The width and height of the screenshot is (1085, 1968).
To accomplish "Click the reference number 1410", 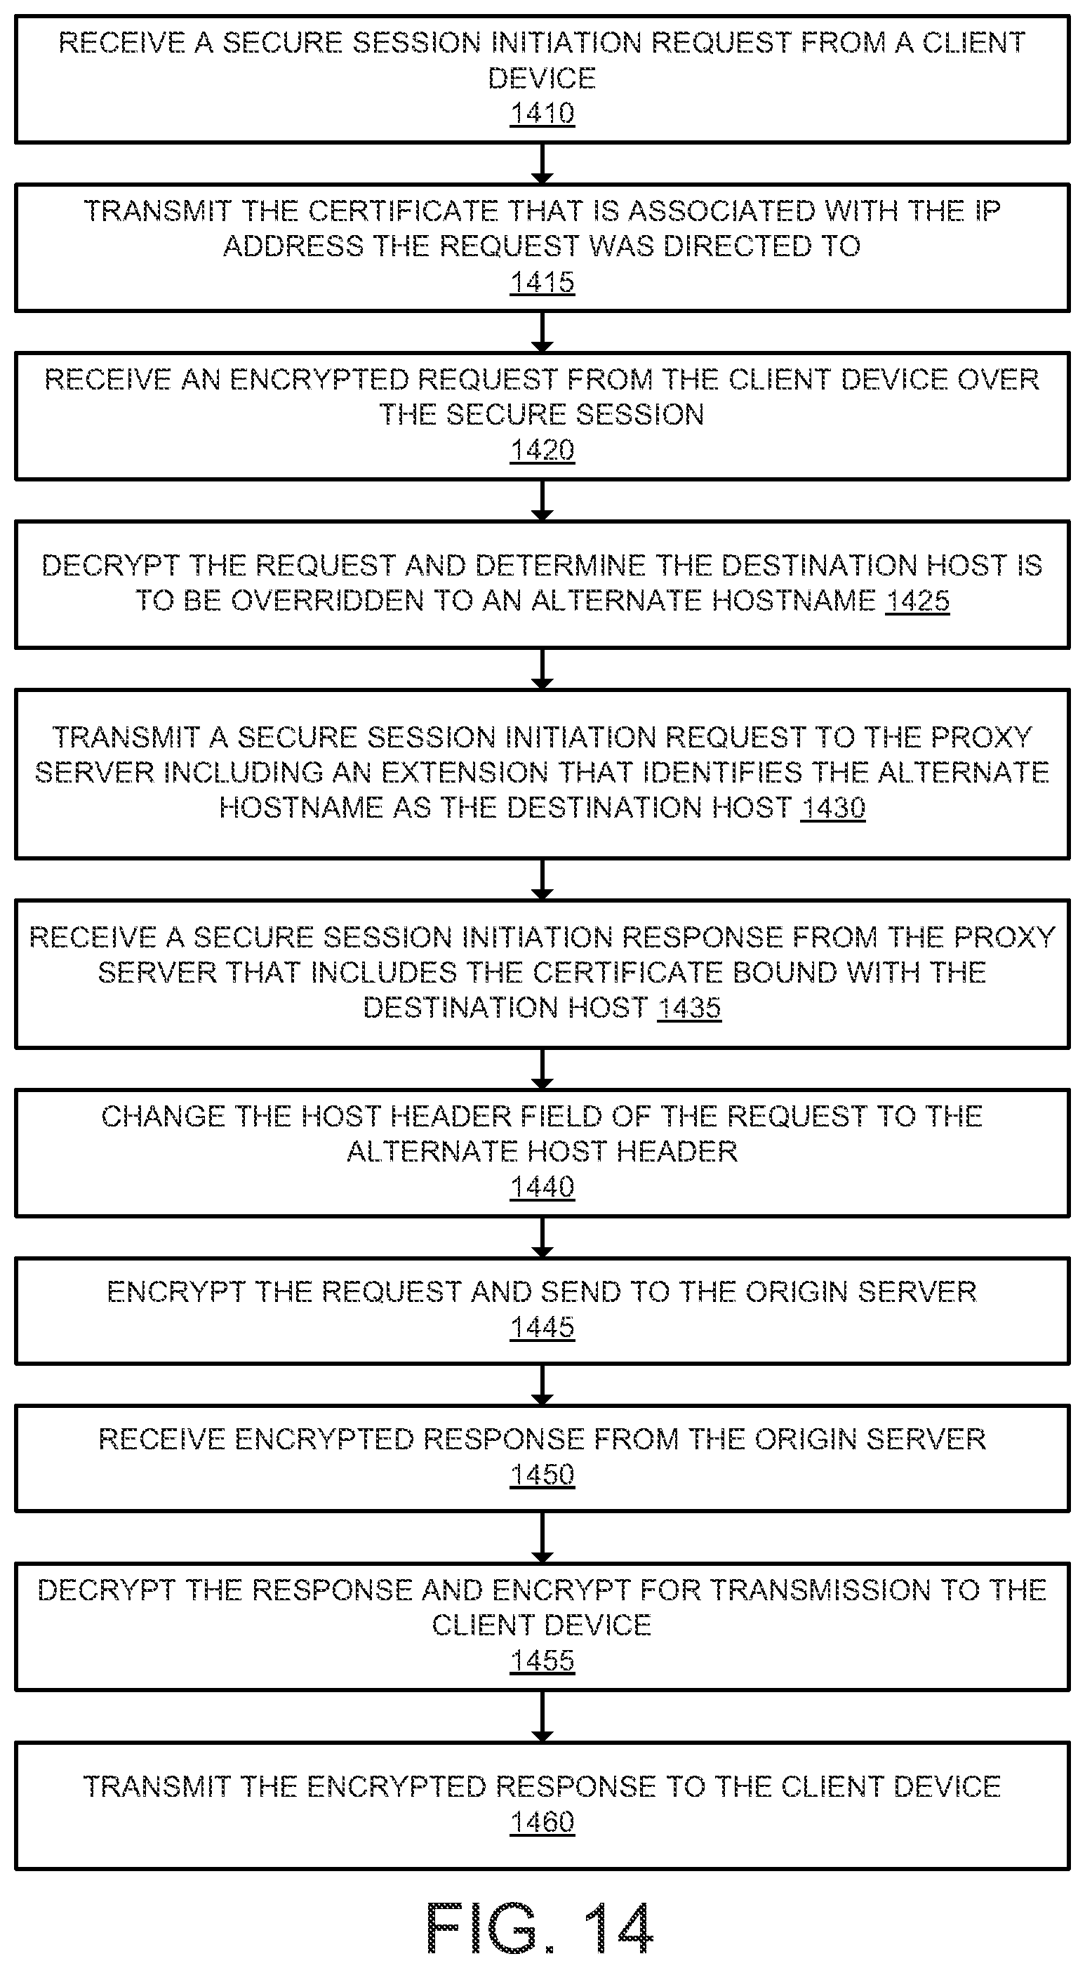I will pos(542,113).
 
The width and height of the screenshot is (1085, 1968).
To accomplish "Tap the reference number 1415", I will pos(542,282).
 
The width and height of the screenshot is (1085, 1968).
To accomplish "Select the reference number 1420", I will pos(542,450).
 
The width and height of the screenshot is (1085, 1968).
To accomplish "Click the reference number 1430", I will pos(833,808).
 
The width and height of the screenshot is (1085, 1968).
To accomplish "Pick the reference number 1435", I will pos(689,1008).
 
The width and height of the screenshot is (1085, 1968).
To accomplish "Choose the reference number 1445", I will pos(542,1327).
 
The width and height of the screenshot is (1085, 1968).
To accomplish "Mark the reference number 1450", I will pos(542,1475).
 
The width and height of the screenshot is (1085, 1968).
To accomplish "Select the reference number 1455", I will pos(542,1660).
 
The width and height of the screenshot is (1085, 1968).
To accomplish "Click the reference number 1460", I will pos(542,1822).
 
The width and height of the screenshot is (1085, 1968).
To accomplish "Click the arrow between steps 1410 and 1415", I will pos(542,163).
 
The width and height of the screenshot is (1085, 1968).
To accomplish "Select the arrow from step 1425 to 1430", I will pos(542,670).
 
